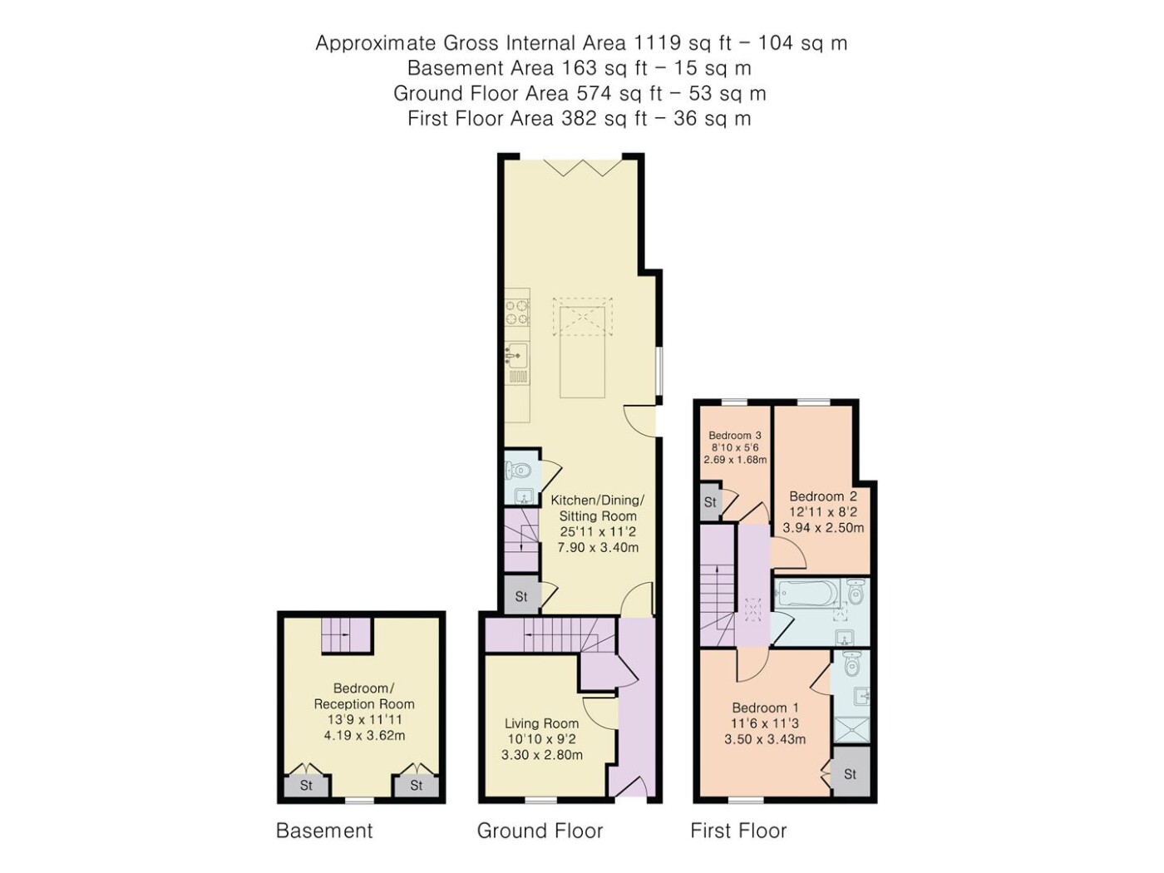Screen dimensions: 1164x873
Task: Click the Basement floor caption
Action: click(324, 831)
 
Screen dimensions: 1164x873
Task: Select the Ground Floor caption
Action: click(540, 831)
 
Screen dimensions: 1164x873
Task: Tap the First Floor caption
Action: click(738, 831)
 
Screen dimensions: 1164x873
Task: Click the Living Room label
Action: click(541, 723)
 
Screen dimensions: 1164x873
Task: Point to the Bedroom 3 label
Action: click(735, 435)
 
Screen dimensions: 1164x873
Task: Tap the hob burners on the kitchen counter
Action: click(517, 312)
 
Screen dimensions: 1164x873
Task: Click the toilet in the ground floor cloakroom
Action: click(518, 469)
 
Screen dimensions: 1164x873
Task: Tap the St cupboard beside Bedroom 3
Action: click(711, 501)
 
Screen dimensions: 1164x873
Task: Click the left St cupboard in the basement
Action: click(306, 785)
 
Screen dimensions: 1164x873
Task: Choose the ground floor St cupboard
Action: click(521, 596)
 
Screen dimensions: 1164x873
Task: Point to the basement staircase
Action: click(346, 635)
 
